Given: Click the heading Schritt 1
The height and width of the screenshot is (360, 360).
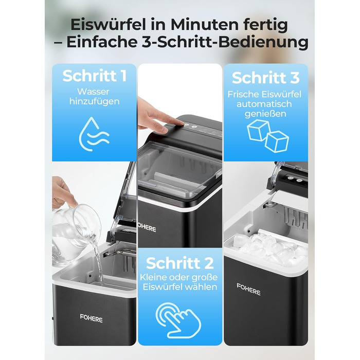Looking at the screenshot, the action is click(94, 76).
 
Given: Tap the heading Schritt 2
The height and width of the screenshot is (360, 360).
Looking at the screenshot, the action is click(180, 263).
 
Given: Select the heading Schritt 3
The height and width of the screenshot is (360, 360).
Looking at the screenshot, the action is click(266, 78).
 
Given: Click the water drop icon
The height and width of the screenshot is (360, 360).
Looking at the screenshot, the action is click(94, 134).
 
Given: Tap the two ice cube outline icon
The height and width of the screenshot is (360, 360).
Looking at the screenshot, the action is click(267, 136).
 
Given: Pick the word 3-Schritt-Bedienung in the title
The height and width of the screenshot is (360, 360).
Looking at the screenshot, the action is click(225, 42).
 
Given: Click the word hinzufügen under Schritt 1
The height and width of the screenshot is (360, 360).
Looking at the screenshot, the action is click(94, 101).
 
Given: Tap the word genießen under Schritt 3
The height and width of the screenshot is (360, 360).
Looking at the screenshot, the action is click(265, 114).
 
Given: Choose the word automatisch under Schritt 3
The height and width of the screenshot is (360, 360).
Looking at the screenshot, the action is click(264, 104).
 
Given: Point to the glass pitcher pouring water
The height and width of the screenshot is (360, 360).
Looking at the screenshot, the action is click(75, 234).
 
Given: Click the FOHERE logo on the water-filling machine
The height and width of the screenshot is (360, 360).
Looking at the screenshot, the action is click(91, 318).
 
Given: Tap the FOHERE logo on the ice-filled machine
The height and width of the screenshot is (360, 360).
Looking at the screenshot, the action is click(248, 289).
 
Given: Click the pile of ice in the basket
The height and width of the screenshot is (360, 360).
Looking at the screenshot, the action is click(271, 249).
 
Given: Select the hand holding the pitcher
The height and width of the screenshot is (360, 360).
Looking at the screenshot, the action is click(63, 193).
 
